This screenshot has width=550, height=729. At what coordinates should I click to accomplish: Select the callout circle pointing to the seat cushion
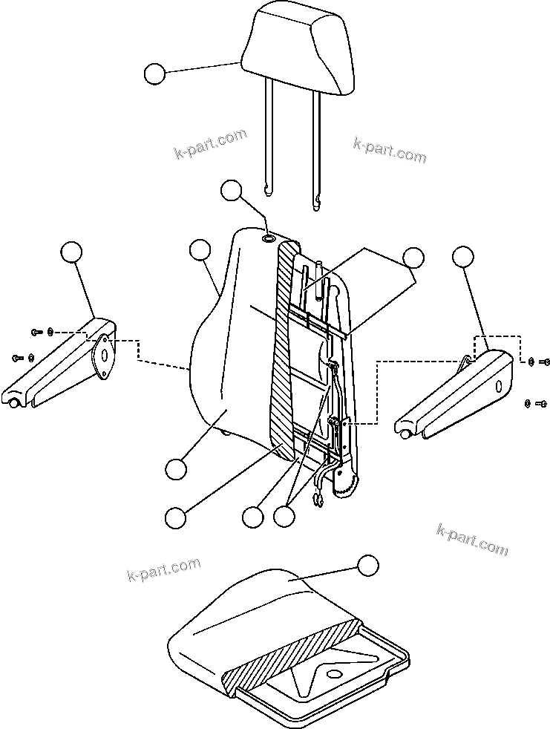367,566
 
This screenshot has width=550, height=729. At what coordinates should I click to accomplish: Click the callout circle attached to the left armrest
71,252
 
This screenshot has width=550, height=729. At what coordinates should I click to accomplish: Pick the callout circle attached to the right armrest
462,257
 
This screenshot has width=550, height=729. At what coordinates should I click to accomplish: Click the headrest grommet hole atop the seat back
269,238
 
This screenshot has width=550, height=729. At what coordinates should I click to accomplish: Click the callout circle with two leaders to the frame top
413,258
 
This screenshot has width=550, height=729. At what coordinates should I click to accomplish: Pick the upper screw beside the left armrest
36,332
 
